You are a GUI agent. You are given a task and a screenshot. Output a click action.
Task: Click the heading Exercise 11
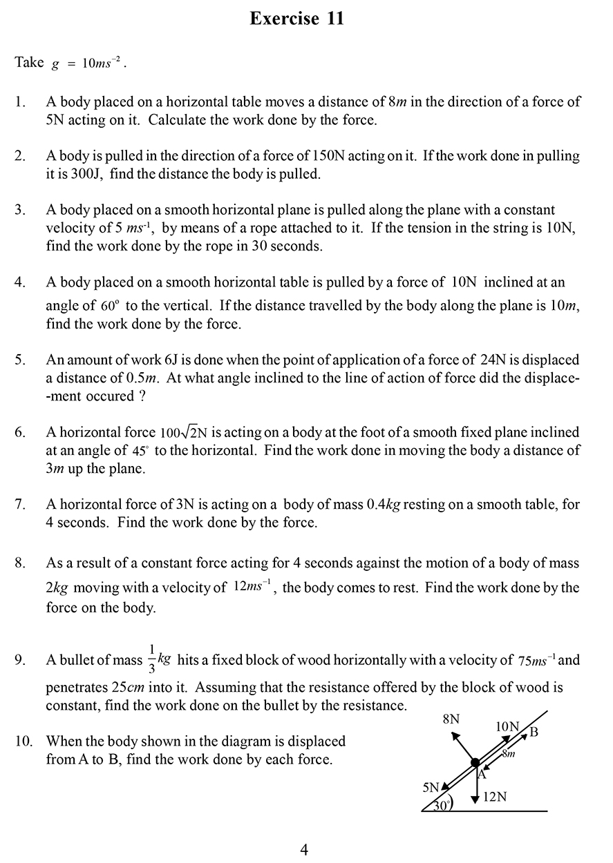(x=296, y=19)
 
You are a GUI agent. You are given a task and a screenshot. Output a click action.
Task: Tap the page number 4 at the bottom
(x=304, y=849)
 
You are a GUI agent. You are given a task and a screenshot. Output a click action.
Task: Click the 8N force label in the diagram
(x=451, y=719)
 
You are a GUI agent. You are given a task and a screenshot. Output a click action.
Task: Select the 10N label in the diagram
(x=507, y=726)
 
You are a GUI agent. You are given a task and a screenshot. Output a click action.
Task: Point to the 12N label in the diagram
(x=495, y=797)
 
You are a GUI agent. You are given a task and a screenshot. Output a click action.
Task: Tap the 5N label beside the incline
(x=431, y=787)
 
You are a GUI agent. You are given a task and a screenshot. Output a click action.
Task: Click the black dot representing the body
(x=475, y=763)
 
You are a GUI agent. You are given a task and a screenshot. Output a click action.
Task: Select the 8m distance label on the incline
(x=508, y=754)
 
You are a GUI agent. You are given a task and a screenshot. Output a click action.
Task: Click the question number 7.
(x=20, y=505)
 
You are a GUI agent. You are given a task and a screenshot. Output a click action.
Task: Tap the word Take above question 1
(x=29, y=62)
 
